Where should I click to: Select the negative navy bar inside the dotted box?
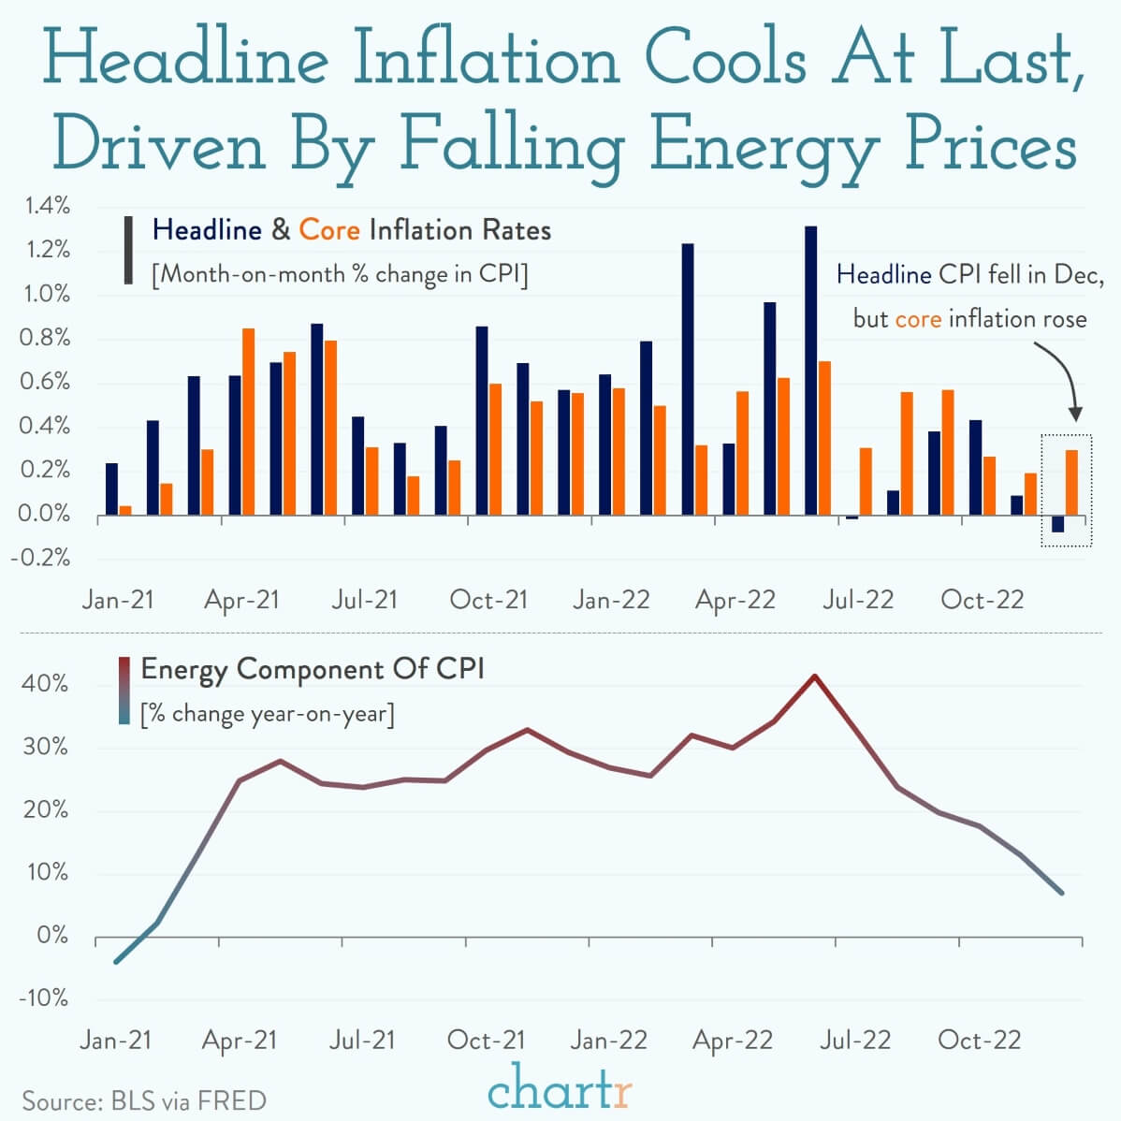point(1057,524)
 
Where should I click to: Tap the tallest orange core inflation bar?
point(248,421)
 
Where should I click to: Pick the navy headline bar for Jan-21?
point(111,488)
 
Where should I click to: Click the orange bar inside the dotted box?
point(1071,482)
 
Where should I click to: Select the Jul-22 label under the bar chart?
point(857,600)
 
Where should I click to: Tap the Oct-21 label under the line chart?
point(486,1040)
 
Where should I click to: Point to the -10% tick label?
point(43,997)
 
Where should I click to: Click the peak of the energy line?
point(814,676)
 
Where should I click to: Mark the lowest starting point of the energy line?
point(115,961)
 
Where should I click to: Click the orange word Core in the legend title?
point(329,230)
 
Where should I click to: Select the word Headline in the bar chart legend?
point(207,230)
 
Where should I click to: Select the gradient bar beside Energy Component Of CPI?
point(124,691)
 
